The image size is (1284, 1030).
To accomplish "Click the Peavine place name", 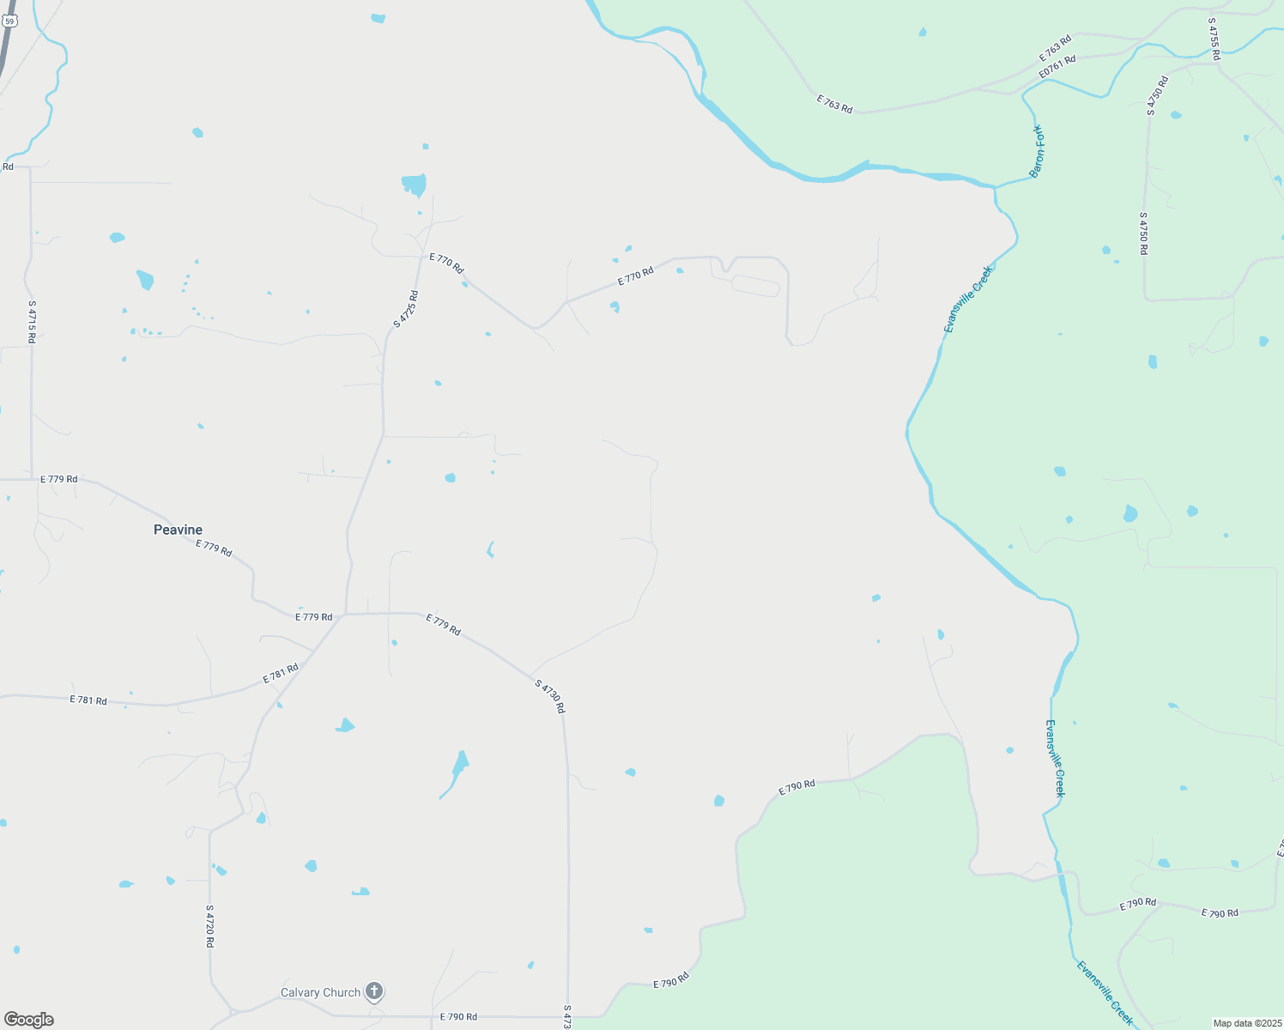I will click(178, 530).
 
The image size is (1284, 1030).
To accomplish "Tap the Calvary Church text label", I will click(320, 992).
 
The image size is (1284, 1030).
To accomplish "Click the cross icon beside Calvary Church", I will click(374, 992).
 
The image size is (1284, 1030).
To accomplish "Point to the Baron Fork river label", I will click(1038, 150).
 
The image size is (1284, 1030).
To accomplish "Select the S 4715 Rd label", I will click(32, 322).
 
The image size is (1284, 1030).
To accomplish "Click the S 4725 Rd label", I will click(406, 309).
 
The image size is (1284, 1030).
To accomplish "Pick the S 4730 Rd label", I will click(549, 696).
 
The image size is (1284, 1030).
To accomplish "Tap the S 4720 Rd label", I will click(209, 925).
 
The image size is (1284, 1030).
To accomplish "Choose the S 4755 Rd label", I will click(1214, 39).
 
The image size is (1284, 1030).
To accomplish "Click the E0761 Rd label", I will click(1057, 68).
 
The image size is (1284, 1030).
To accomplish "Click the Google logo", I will click(28, 1020).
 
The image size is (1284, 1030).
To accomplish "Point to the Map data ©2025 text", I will click(1246, 1023).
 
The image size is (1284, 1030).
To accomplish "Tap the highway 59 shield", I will click(9, 21).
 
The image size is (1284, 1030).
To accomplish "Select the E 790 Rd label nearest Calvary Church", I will click(458, 1016).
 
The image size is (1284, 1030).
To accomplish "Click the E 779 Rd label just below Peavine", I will click(214, 548).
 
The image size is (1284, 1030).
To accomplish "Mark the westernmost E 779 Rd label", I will click(58, 479).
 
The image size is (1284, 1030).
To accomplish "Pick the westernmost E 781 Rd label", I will click(88, 700).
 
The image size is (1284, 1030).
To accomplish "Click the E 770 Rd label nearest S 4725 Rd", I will click(446, 263).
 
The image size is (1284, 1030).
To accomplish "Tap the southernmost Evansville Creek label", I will click(1105, 992).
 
